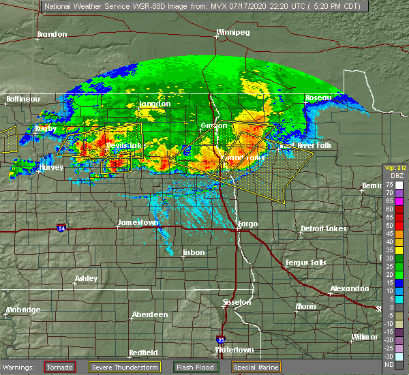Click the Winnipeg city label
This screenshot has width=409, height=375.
[232, 33]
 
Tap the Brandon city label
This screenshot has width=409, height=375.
[52, 34]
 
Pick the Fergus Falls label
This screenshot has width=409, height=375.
[304, 262]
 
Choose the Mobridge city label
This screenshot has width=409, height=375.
[22, 310]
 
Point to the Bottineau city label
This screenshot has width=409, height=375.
[23, 99]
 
